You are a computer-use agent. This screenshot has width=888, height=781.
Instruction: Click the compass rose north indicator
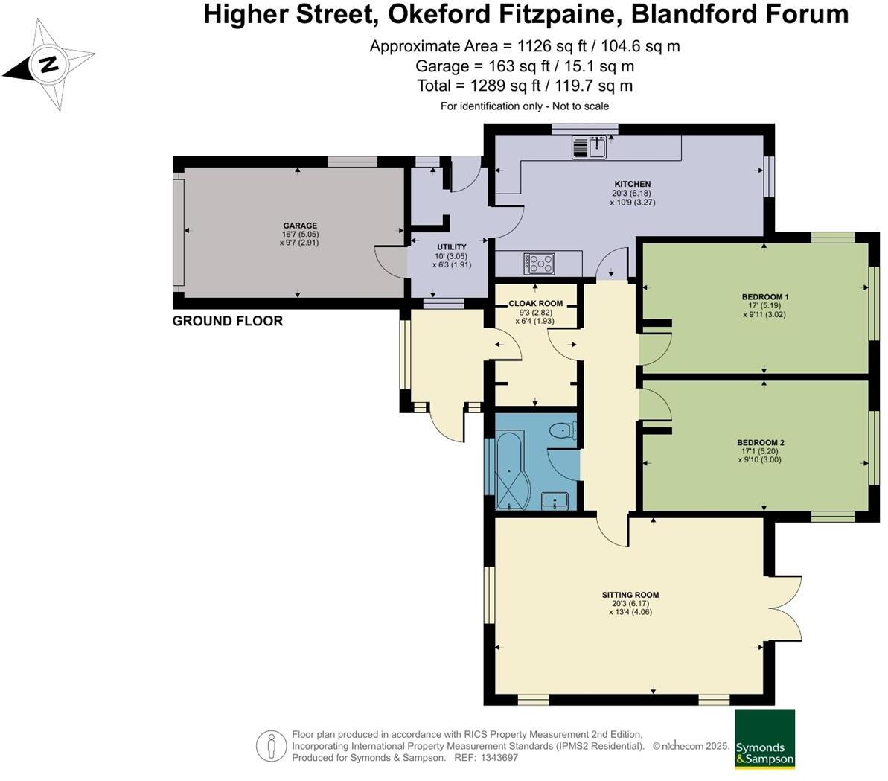(49, 64)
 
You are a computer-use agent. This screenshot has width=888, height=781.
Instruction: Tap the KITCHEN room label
(632, 184)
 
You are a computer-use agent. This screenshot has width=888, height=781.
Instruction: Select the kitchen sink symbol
(590, 147)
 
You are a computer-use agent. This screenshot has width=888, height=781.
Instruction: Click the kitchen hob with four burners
(540, 263)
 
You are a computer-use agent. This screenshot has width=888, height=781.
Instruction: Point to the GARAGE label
(299, 226)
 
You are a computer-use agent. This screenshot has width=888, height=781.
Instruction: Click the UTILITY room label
(451, 247)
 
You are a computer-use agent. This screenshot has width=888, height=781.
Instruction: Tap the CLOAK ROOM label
(535, 304)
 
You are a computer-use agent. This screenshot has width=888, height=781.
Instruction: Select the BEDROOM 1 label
(764, 297)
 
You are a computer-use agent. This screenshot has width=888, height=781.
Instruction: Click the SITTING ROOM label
(630, 595)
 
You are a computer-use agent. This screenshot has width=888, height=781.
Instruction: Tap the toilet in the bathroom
(563, 431)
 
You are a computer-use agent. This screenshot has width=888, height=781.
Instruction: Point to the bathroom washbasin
(555, 500)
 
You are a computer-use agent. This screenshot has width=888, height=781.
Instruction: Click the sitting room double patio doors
(786, 609)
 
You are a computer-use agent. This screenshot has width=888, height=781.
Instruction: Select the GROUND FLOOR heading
(228, 321)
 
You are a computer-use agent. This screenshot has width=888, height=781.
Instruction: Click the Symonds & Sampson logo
(764, 739)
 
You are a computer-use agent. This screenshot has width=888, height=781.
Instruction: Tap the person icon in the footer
(271, 746)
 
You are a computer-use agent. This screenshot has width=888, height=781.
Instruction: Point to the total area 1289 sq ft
(525, 86)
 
